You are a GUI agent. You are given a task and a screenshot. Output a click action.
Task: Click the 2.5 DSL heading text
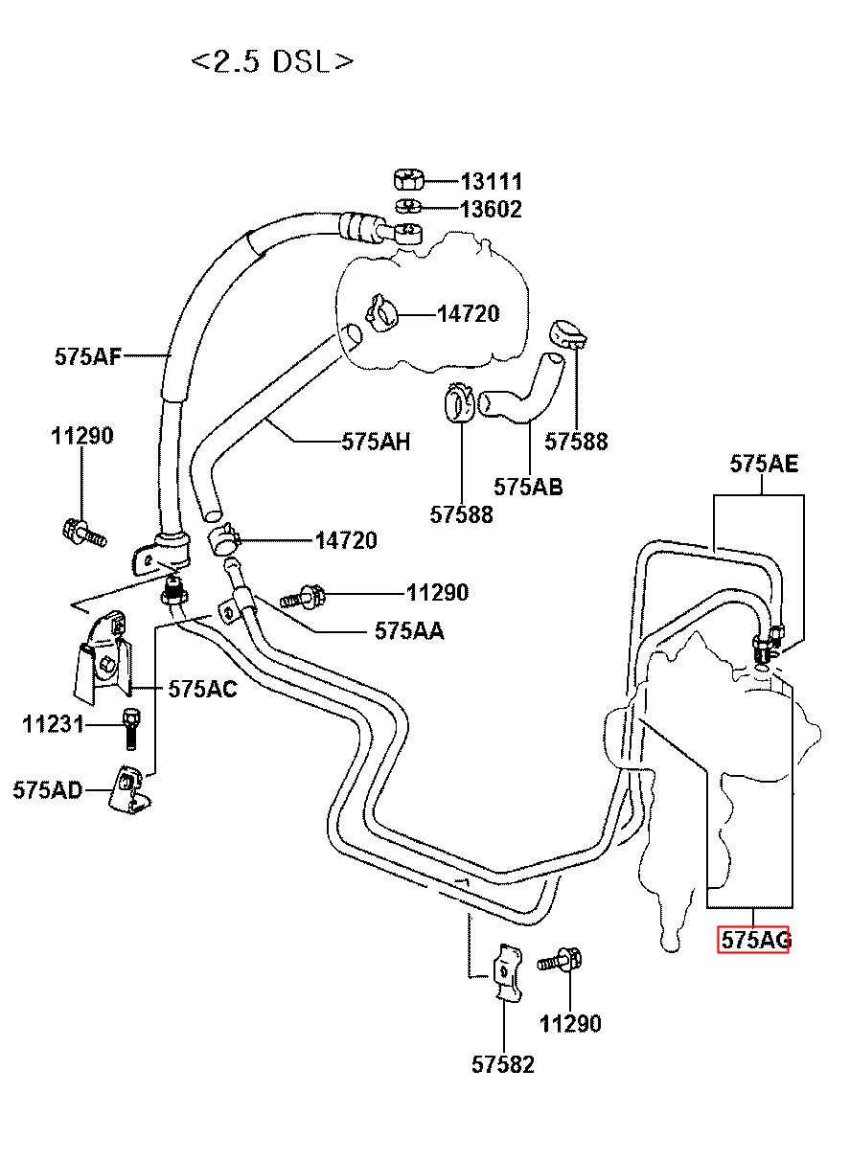click(x=272, y=62)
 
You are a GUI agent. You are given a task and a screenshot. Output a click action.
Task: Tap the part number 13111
click(x=492, y=181)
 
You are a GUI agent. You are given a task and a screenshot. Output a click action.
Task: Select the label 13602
click(x=492, y=209)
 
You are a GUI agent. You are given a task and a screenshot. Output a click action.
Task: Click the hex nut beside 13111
click(x=409, y=180)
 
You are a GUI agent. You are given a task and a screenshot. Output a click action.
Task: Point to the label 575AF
click(x=88, y=356)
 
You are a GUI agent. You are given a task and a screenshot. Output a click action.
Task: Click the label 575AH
click(x=376, y=442)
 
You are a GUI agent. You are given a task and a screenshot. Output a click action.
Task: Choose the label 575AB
click(x=528, y=487)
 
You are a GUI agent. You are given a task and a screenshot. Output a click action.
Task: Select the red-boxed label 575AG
click(x=753, y=939)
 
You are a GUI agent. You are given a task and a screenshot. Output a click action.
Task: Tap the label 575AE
click(x=764, y=464)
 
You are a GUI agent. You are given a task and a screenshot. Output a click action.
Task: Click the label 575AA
click(x=410, y=630)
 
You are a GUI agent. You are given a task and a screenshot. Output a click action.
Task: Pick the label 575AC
click(x=203, y=689)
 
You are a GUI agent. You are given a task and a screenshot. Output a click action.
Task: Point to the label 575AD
click(x=48, y=790)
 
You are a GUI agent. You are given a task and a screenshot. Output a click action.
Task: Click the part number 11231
click(x=53, y=724)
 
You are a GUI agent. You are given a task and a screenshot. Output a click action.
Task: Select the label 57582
click(x=502, y=1064)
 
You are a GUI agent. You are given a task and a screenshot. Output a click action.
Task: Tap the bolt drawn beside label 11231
click(x=130, y=729)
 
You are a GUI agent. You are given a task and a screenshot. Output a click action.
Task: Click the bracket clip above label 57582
click(x=506, y=973)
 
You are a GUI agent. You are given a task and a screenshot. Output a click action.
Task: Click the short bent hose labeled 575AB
click(x=521, y=384)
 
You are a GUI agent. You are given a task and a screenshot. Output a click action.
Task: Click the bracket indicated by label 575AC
click(x=102, y=658)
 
